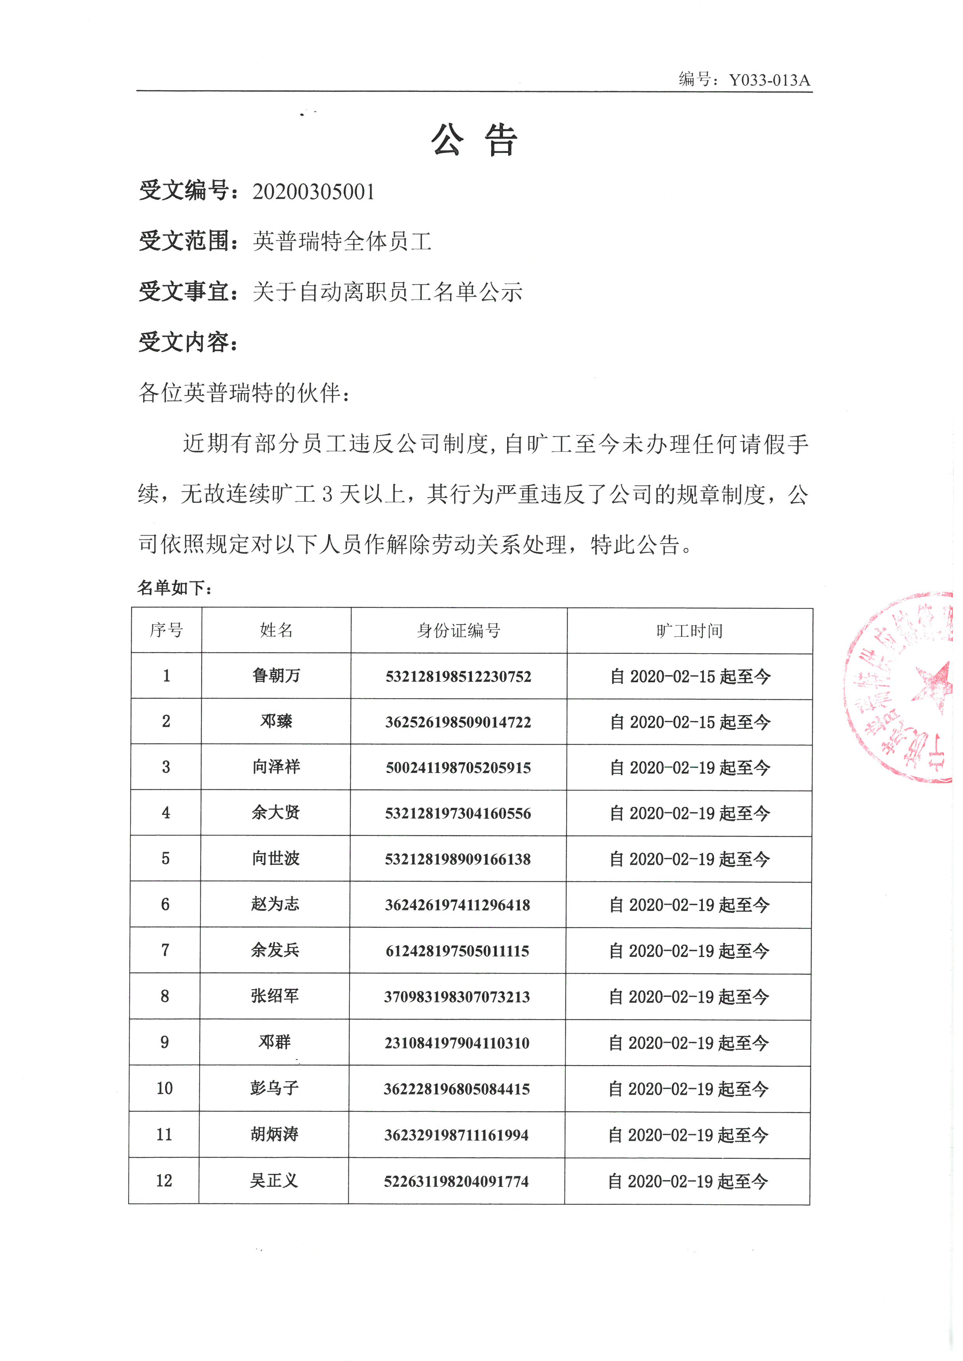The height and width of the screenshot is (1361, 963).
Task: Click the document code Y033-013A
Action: [769, 80]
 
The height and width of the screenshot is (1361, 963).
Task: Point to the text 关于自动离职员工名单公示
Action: [387, 292]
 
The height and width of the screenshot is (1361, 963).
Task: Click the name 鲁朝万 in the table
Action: [276, 676]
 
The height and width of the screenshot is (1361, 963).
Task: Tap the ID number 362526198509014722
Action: [458, 722]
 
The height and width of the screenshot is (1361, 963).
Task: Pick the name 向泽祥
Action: [276, 767]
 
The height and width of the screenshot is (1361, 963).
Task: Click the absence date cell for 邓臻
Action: [690, 722]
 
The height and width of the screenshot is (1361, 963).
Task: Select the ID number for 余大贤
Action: [458, 813]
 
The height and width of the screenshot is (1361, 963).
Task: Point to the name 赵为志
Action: [275, 905]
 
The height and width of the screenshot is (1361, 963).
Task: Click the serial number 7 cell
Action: [165, 950]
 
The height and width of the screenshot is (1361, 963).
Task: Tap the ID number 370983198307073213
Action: [457, 997]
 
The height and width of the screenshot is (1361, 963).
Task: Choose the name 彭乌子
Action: [274, 1088]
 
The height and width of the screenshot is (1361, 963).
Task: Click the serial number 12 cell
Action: [164, 1181]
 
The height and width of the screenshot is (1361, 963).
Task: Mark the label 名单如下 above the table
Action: [175, 588]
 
